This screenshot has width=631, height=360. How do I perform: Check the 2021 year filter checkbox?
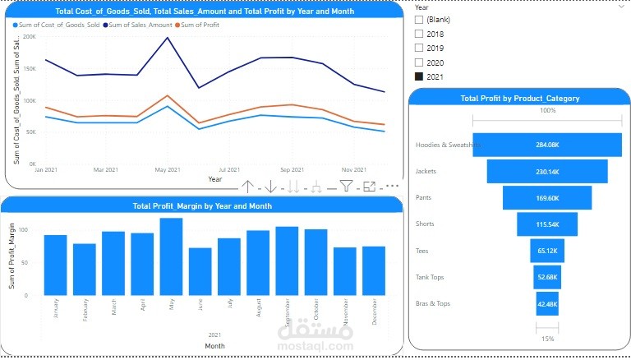click(x=419, y=76)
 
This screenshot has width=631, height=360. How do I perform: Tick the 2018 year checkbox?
click(x=419, y=34)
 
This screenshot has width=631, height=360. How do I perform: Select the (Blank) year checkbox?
click(x=419, y=19)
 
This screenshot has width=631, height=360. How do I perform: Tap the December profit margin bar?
click(x=374, y=270)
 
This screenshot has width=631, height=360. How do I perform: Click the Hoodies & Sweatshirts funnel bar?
click(x=546, y=145)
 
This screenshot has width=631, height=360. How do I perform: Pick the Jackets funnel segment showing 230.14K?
click(x=546, y=171)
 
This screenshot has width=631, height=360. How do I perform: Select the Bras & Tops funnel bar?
click(x=546, y=303)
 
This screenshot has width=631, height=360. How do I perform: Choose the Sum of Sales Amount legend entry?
click(x=140, y=25)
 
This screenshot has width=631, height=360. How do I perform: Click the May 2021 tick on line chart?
click(x=168, y=170)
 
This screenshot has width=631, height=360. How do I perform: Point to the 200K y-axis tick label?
click(x=29, y=37)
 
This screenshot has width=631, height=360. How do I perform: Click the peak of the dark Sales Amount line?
click(x=168, y=38)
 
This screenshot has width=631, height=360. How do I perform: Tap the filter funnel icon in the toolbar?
click(x=347, y=187)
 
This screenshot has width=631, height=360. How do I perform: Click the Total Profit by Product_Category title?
click(x=519, y=98)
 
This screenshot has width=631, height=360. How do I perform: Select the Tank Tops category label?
click(x=432, y=277)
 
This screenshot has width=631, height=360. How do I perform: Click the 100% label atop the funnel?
click(x=547, y=110)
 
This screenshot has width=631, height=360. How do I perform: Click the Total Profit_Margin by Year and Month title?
click(x=202, y=205)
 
